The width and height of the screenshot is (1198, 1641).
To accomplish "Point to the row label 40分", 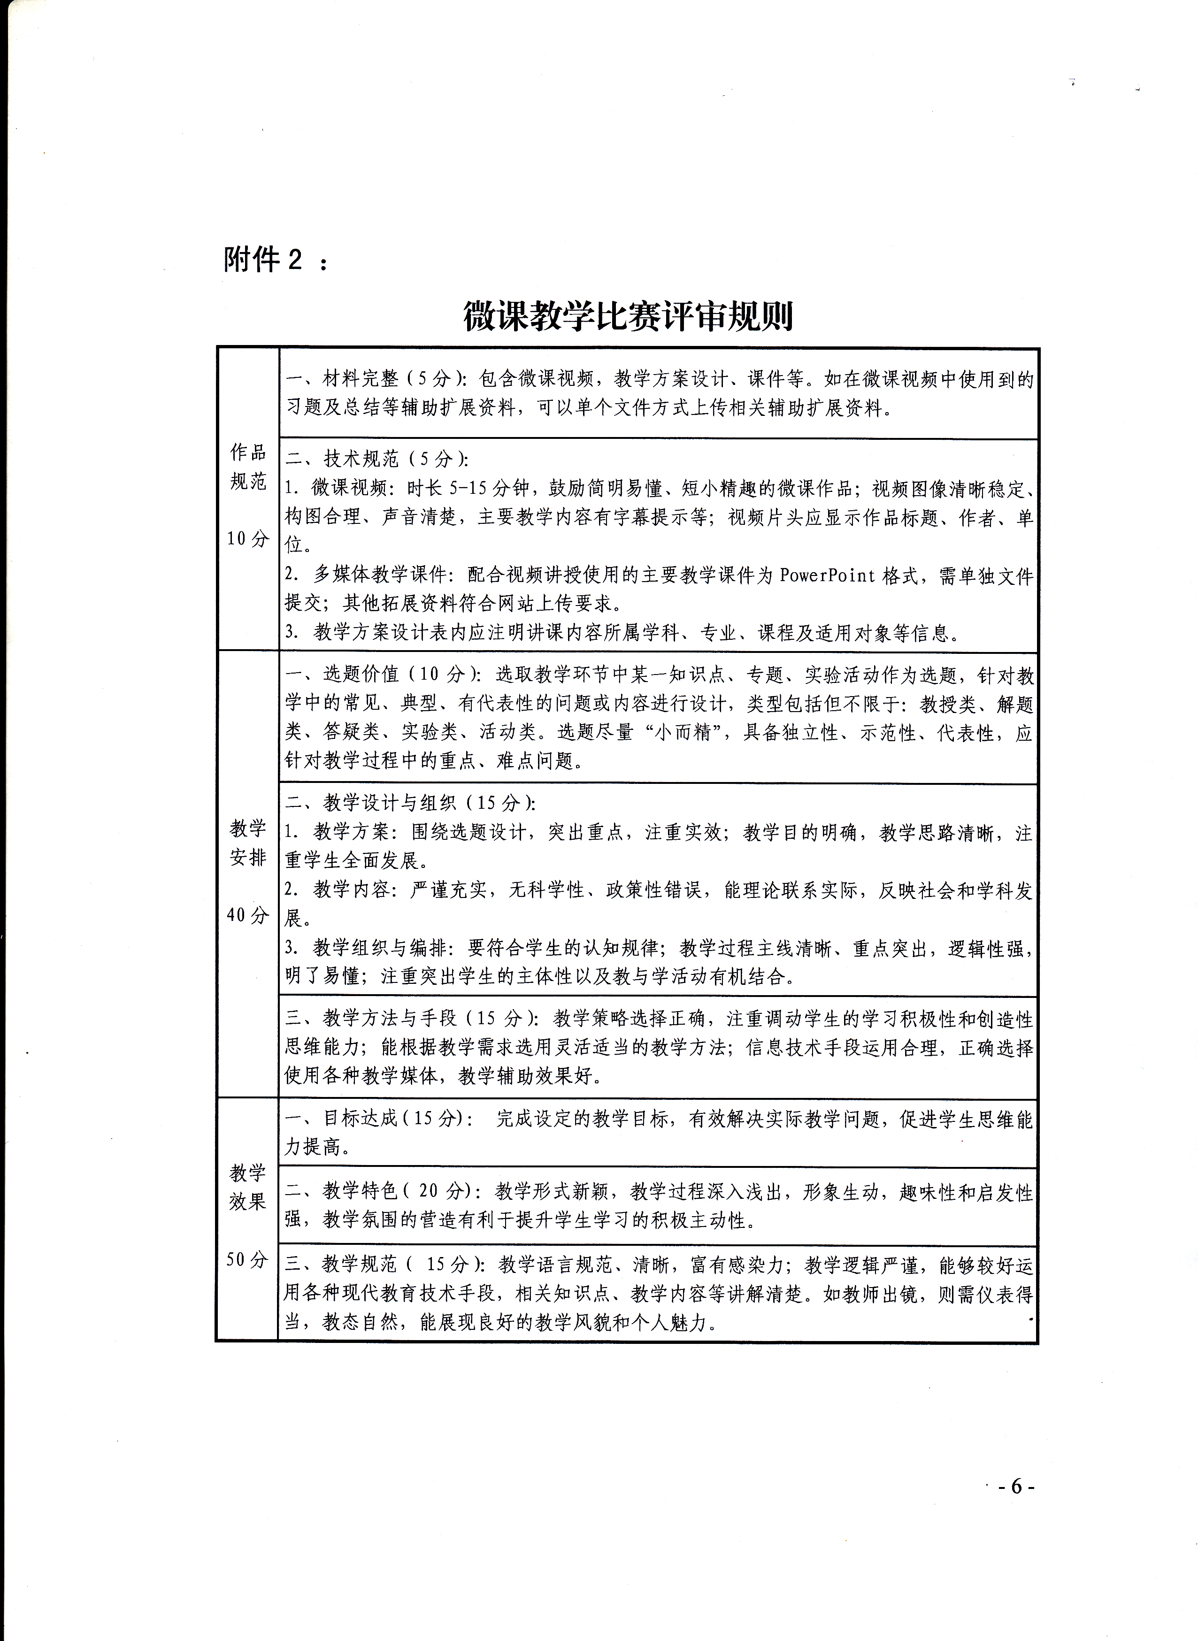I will (x=247, y=914).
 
